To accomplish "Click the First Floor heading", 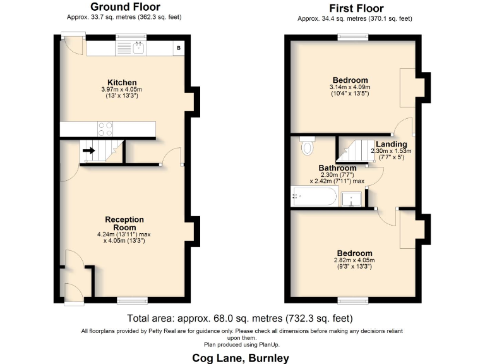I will (356, 8).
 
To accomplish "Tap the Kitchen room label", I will (122, 83).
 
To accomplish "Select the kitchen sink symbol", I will (138, 47).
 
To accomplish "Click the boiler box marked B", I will (179, 48).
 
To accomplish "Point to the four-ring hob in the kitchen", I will (105, 129).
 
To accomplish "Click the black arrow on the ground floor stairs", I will (88, 151).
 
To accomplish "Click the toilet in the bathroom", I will (308, 146).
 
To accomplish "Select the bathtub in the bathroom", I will (314, 197).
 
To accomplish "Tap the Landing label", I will (390, 145).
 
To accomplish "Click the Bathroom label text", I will (337, 168).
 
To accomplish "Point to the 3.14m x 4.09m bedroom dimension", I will (350, 87).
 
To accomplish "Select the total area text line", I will (239, 318).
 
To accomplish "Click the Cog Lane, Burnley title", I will (241, 358).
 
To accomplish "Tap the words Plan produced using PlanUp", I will (241, 344).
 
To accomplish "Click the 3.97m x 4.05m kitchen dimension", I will (122, 90).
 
